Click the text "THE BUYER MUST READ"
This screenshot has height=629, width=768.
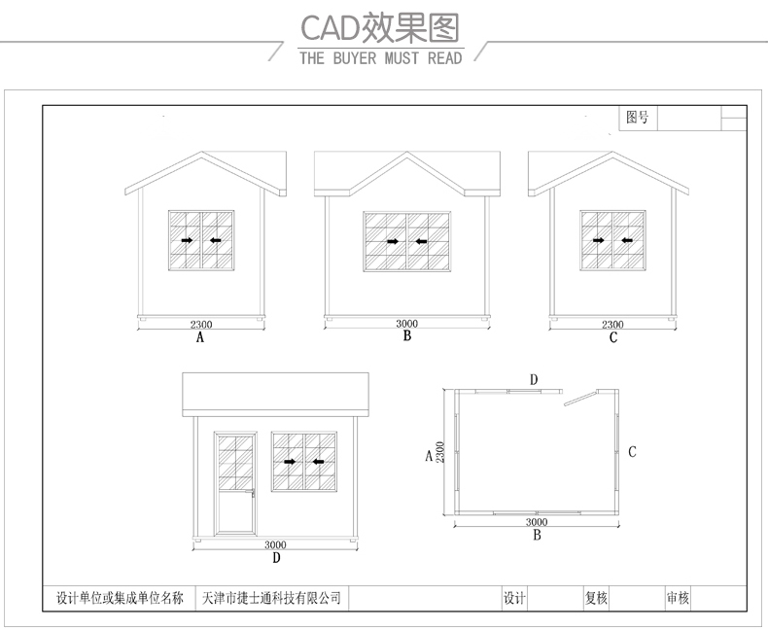click(x=380, y=58)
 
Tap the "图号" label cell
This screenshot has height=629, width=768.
click(x=638, y=118)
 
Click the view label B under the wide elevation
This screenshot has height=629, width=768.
click(x=407, y=336)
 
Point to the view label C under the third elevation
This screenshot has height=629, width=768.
click(x=612, y=338)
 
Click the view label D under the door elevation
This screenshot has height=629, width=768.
click(x=276, y=558)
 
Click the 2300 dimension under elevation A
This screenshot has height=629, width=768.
click(x=201, y=325)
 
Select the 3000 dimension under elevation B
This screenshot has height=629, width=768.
click(x=407, y=324)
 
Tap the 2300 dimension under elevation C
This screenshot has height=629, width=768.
click(x=612, y=325)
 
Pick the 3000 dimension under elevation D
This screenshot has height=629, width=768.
click(x=275, y=544)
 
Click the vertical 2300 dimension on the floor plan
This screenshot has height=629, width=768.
click(x=440, y=452)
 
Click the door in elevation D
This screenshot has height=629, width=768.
click(x=234, y=482)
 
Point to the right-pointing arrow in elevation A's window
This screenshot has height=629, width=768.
click(x=187, y=240)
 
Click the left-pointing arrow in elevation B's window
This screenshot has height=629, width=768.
click(x=420, y=241)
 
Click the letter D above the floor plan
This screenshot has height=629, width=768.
click(x=533, y=377)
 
